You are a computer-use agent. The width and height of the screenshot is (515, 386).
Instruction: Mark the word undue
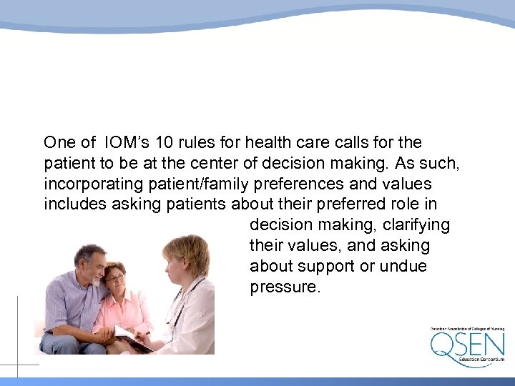403,267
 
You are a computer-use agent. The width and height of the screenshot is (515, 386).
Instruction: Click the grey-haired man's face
92,263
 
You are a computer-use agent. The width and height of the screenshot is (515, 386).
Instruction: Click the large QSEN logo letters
466,345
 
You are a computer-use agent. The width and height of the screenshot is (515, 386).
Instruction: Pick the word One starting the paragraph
59,142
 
